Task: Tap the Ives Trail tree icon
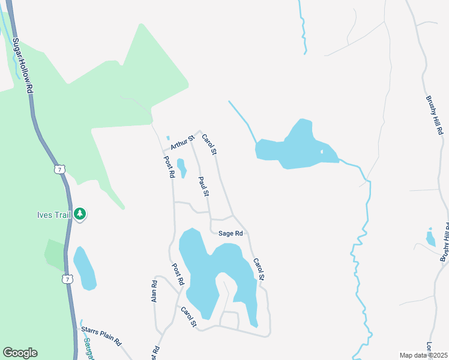click(x=80, y=214)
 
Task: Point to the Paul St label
click(x=203, y=187)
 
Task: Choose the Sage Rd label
click(x=231, y=233)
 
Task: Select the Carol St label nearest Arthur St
click(x=209, y=144)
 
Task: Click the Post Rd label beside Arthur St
click(x=169, y=167)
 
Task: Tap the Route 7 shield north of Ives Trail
click(x=58, y=169)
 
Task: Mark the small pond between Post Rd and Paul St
click(x=181, y=167)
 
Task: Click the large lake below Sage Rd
click(x=207, y=270)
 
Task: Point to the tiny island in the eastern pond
click(x=322, y=151)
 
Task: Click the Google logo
click(x=20, y=353)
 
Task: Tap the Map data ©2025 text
click(x=423, y=355)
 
